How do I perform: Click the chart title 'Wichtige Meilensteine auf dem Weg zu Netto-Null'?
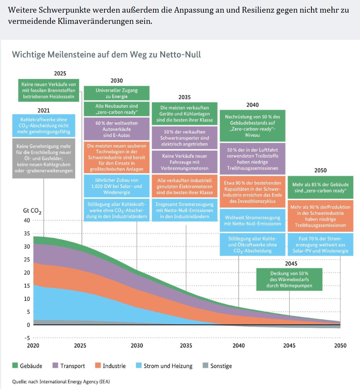pos(106,54)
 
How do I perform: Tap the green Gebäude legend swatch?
pos(15,366)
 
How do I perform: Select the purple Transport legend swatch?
pos(56,366)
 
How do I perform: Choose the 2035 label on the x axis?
pos(186,345)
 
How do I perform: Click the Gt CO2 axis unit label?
pos(33,211)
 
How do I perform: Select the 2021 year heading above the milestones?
pos(44,110)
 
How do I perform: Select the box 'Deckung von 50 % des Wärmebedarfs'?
pos(289,279)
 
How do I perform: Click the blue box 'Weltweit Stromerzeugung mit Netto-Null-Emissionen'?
pos(252,221)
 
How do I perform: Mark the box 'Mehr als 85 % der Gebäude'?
pos(320,188)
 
